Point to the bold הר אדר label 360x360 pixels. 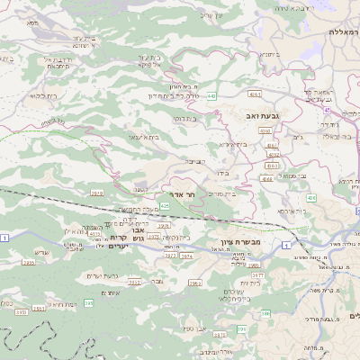pos(182,194)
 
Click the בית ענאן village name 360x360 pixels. pos(143,137)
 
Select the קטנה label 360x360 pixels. pos(141,190)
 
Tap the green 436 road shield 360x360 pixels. pos(310,197)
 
